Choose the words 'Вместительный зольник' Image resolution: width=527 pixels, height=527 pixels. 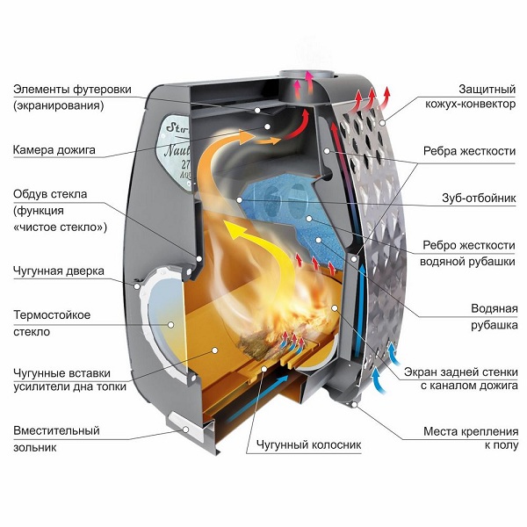[x=56, y=439]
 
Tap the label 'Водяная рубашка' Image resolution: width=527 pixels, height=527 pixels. [x=491, y=317]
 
